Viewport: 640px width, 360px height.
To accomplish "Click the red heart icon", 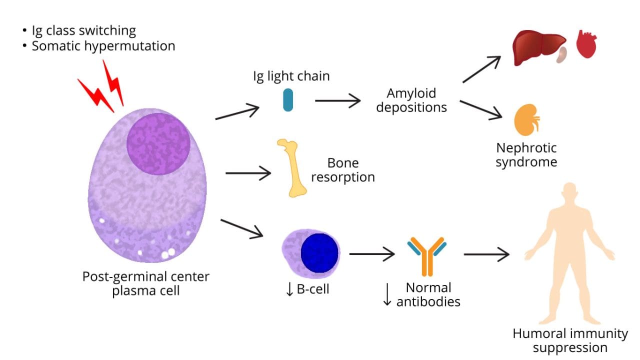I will pos(586,45).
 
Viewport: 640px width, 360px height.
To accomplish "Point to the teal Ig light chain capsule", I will pos(287,100).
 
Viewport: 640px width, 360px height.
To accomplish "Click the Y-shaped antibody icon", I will pos(426,255).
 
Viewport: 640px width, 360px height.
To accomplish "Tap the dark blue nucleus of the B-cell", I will pos(319,253).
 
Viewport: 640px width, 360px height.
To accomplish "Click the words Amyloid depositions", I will pos(411,100).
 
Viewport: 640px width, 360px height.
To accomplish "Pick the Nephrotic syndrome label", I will pos(526,155).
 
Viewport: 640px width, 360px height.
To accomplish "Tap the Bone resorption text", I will pos(343,170).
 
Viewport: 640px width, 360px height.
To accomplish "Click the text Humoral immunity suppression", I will pos(570,340).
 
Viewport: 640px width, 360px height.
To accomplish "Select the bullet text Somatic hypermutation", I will pos(103,46).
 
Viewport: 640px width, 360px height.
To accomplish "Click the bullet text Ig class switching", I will pos(83,30).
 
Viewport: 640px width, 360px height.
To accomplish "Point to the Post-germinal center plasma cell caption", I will pos(146,283).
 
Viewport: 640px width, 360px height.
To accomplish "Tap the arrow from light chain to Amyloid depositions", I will pos(337,100).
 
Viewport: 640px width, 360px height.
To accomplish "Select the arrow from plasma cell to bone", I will pos(248,173).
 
